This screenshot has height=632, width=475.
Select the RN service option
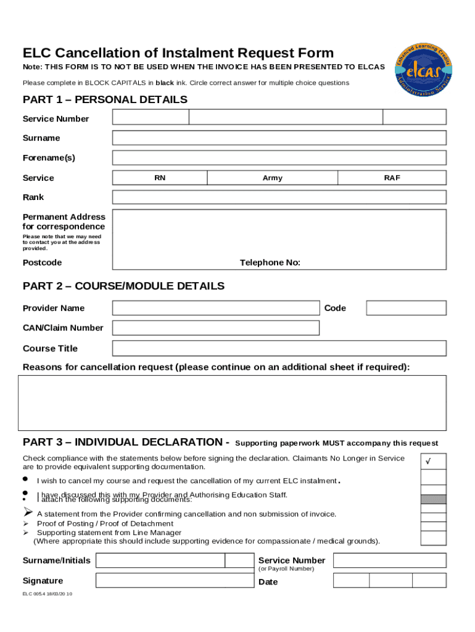point(160,178)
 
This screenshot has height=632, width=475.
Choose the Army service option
point(272,178)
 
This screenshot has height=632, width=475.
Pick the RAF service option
point(392,178)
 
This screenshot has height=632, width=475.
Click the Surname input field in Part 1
point(279,138)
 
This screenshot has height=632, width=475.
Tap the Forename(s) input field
point(279,157)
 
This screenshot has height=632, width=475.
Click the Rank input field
point(279,197)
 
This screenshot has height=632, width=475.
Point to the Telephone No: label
point(270,263)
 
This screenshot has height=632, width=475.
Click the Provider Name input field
point(215,308)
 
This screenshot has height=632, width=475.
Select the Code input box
point(406,308)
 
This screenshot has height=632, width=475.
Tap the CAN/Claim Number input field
point(215,328)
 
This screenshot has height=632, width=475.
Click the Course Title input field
point(279,348)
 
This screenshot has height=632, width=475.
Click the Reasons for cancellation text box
point(232,403)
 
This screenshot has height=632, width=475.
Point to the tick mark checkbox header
point(433,462)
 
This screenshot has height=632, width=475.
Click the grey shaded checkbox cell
point(433,499)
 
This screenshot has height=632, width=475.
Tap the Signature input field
point(175,581)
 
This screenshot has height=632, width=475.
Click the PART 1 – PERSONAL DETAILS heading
point(105,100)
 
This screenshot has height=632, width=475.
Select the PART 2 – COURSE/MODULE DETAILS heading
point(123,286)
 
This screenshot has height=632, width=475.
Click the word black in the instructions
point(164,83)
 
